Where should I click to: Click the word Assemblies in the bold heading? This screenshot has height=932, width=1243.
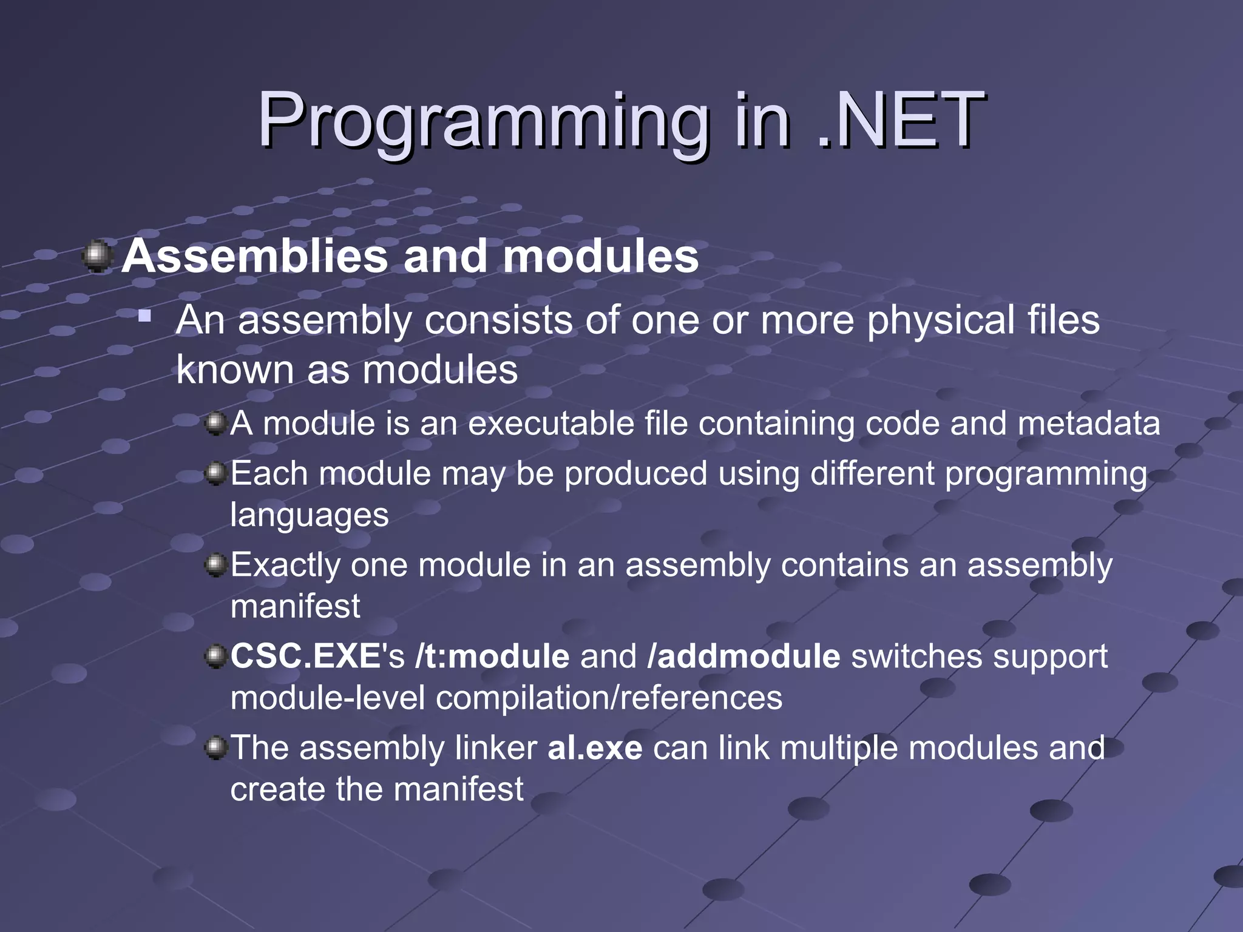pyautogui.click(x=254, y=256)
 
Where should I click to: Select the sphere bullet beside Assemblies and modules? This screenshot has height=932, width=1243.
pyautogui.click(x=97, y=256)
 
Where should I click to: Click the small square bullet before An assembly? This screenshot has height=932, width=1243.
pyautogui.click(x=144, y=316)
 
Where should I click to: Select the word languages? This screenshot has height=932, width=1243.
pyautogui.click(x=310, y=516)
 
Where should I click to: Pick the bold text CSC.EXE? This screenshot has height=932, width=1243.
pyautogui.click(x=305, y=657)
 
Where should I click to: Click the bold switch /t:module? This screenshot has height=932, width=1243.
pyautogui.click(x=492, y=657)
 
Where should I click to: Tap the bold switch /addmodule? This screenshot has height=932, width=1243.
pyautogui.click(x=743, y=657)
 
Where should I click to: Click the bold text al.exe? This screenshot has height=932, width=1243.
pyautogui.click(x=595, y=748)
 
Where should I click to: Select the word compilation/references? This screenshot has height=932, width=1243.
pyautogui.click(x=609, y=698)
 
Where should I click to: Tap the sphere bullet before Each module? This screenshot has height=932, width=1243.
pyautogui.click(x=215, y=473)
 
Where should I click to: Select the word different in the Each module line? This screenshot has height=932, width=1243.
pyautogui.click(x=872, y=473)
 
